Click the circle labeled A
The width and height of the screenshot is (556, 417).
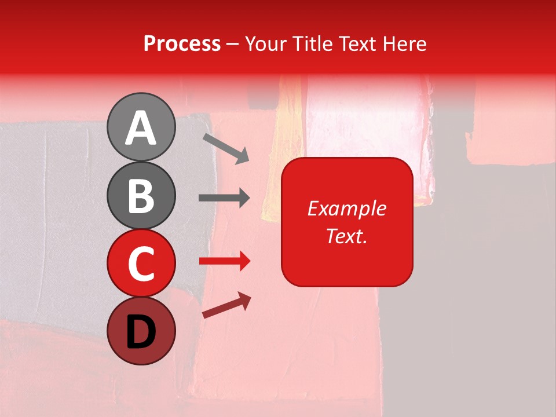(x=141, y=127)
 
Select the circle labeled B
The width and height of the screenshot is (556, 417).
(x=141, y=195)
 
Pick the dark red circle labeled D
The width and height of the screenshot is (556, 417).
(x=141, y=331)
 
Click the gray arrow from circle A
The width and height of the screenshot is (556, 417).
(x=226, y=148)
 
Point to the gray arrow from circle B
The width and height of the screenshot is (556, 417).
(x=224, y=198)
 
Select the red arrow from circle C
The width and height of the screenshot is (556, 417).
(x=224, y=261)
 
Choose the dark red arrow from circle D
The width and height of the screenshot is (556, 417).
(x=226, y=305)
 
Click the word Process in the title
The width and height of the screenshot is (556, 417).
(x=182, y=43)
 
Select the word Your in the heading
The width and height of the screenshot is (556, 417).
(x=265, y=43)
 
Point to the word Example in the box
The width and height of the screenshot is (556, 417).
(x=346, y=209)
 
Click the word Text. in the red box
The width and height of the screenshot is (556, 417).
(x=346, y=236)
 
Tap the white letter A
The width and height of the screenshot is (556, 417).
(x=141, y=128)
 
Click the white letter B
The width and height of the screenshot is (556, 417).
(x=141, y=196)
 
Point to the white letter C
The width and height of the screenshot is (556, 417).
(x=141, y=264)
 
